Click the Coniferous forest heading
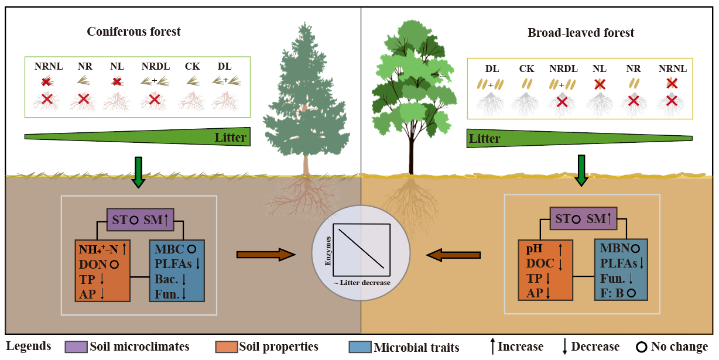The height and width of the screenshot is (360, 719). tap(133, 32)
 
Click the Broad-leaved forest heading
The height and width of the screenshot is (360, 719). tap(581, 33)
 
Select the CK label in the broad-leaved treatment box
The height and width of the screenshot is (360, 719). tap(526, 69)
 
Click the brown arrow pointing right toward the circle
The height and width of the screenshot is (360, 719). tap(265, 254)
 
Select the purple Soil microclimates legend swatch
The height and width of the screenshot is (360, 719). tap(76, 346)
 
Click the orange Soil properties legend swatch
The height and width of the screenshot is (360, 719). tap(226, 346)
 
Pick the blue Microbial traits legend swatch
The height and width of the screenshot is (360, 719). tap(359, 347)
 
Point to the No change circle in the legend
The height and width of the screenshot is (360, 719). tap(642, 347)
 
